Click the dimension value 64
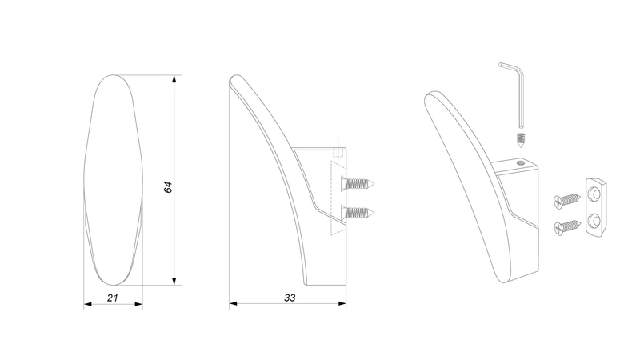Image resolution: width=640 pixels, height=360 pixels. coord(168,187)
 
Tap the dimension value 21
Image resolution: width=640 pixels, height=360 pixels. coord(113,298)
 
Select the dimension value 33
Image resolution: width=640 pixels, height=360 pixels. coord(290,298)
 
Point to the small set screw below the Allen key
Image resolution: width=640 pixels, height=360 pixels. coord(521,141)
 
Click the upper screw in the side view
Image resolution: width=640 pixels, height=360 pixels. coord(358,184)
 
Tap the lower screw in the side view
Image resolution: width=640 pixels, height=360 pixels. coord(358,212)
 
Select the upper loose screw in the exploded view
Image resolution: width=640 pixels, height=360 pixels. coord(567,199)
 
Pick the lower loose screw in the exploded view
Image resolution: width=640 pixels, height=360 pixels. coord(567,227)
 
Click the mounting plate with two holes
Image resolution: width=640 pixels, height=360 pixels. coord(596,207)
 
